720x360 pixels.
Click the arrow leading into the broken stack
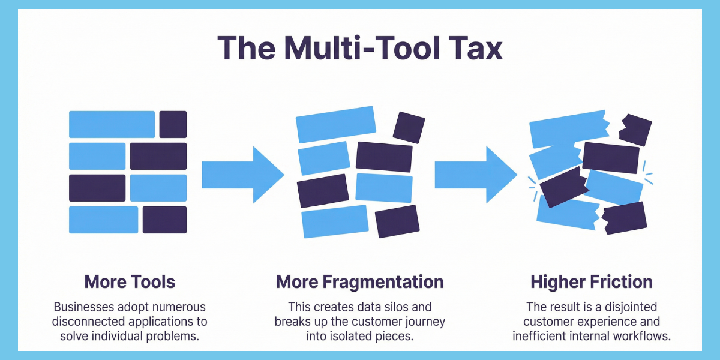pyautogui.click(x=475, y=175)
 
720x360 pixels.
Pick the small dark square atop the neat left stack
pyautogui.click(x=173, y=124)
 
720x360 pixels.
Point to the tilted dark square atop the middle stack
pyautogui.click(x=409, y=127)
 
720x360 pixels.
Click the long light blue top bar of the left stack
pyautogui.click(x=112, y=124)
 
